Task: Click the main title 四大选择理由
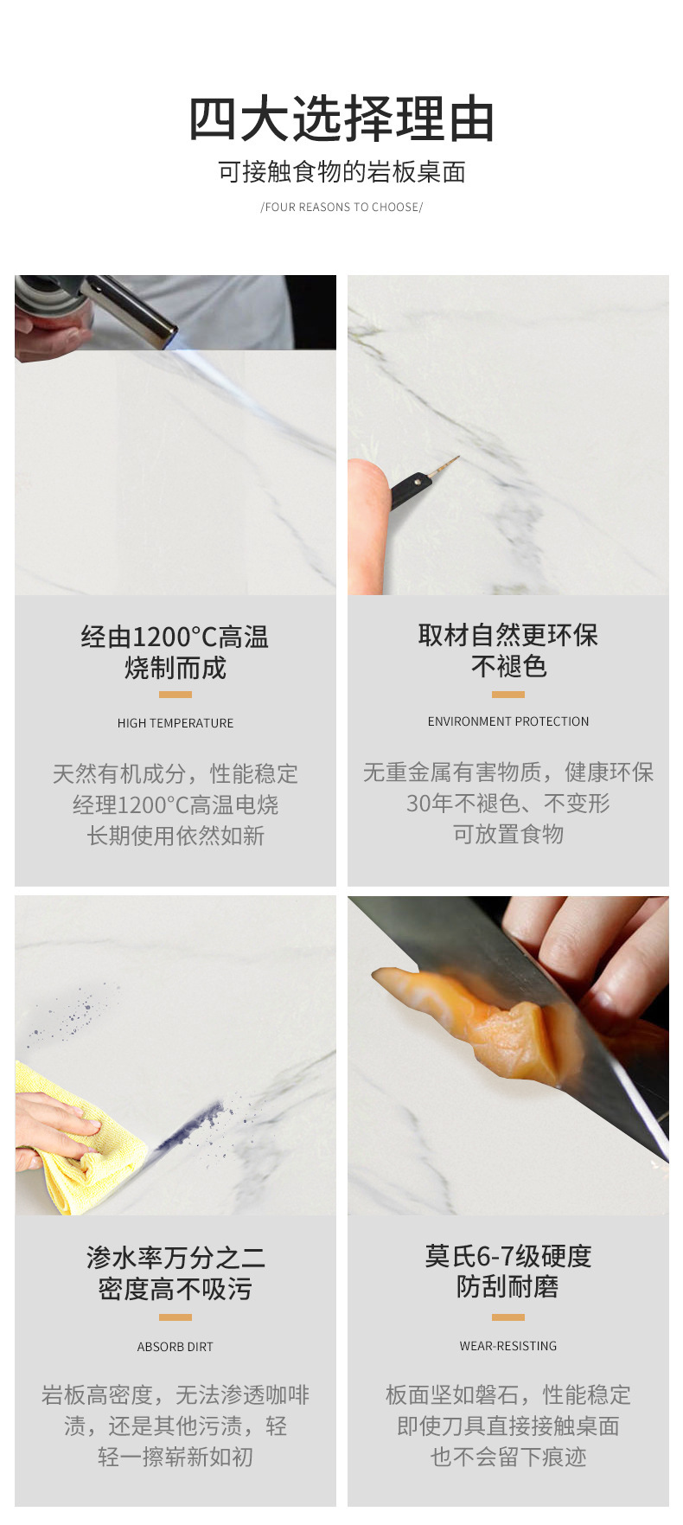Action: [x=341, y=119]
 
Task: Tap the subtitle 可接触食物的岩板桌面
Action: [x=341, y=172]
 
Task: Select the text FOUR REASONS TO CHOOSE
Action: [x=341, y=208]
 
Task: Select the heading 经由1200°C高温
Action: [x=176, y=638]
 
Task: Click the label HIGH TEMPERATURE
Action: [x=176, y=723]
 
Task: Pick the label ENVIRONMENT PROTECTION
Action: [x=508, y=721]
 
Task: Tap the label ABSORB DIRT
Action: [x=175, y=1347]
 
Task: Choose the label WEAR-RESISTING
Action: [x=508, y=1346]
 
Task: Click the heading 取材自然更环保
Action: [x=508, y=636]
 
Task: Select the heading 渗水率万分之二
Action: [x=176, y=1258]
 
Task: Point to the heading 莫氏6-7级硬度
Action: [x=508, y=1256]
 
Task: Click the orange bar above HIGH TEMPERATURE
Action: [x=176, y=695]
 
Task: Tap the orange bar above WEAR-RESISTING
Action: [x=508, y=1317]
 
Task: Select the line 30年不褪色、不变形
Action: [x=508, y=804]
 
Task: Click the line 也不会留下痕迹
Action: [x=508, y=1458]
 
